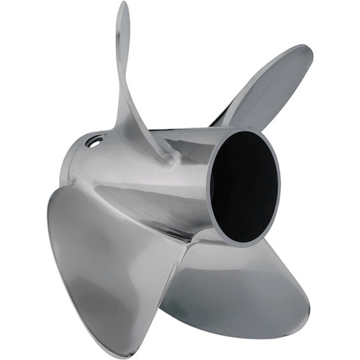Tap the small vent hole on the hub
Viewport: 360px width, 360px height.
[x=93, y=143]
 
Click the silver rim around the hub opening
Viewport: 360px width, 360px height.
[x=215, y=216]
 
